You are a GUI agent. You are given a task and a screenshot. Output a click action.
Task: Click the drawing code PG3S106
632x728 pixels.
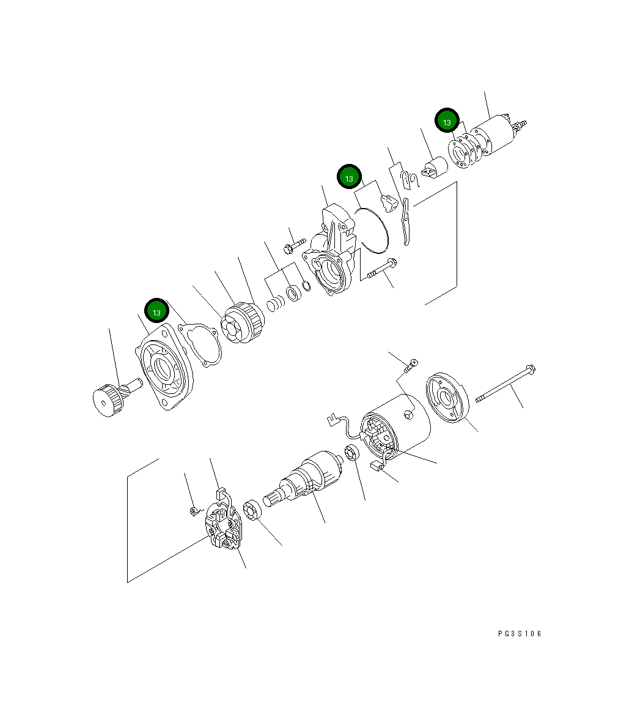(520, 634)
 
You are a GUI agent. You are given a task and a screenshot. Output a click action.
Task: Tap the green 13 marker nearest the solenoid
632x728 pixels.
(447, 122)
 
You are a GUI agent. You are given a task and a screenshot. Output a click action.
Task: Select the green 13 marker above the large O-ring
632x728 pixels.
(349, 178)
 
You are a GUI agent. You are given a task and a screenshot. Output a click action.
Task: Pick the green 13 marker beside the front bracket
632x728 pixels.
(156, 311)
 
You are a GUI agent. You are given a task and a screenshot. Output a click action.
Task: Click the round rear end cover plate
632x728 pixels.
(446, 399)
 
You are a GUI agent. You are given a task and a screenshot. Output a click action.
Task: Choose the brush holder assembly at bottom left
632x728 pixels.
(221, 527)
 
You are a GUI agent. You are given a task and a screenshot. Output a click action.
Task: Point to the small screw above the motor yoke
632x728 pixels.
(410, 367)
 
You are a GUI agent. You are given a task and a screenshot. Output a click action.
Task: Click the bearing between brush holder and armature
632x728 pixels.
(251, 511)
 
